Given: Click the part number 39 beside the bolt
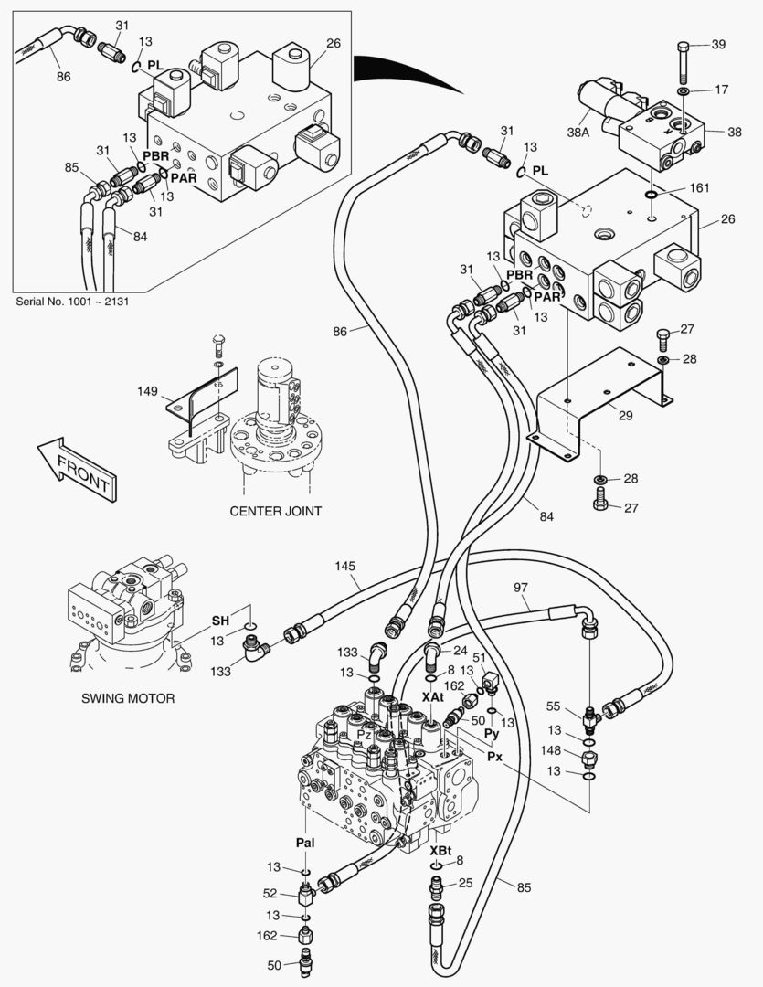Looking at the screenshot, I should click(718, 46).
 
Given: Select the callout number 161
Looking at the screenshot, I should click(698, 189).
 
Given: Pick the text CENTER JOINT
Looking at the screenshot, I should click(275, 511).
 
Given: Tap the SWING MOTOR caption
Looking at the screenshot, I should click(128, 698).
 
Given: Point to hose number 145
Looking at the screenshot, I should click(344, 568).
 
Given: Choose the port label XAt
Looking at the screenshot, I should click(432, 696).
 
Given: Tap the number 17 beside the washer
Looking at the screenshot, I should click(721, 90).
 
